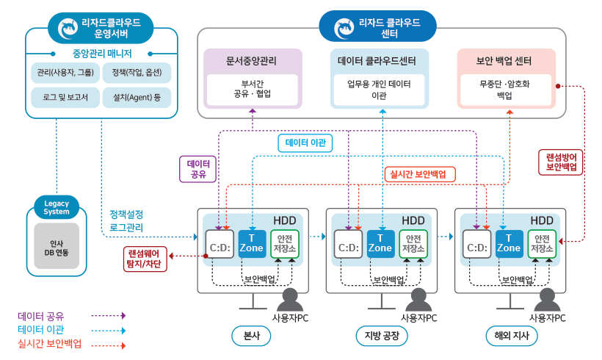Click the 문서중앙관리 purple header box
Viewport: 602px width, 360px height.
(251, 60)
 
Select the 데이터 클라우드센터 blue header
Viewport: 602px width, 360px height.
(380, 60)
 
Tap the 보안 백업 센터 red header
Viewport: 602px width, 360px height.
(505, 60)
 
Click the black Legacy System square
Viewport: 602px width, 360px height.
(57, 245)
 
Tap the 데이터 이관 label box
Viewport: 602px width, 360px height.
(305, 143)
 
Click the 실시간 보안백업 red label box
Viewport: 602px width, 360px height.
(419, 174)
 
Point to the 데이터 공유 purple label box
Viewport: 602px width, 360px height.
(198, 169)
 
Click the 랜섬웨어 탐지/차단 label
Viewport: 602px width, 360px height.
(145, 257)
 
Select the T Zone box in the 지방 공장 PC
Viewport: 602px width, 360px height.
(380, 243)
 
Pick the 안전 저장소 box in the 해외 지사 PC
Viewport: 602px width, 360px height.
(542, 243)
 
